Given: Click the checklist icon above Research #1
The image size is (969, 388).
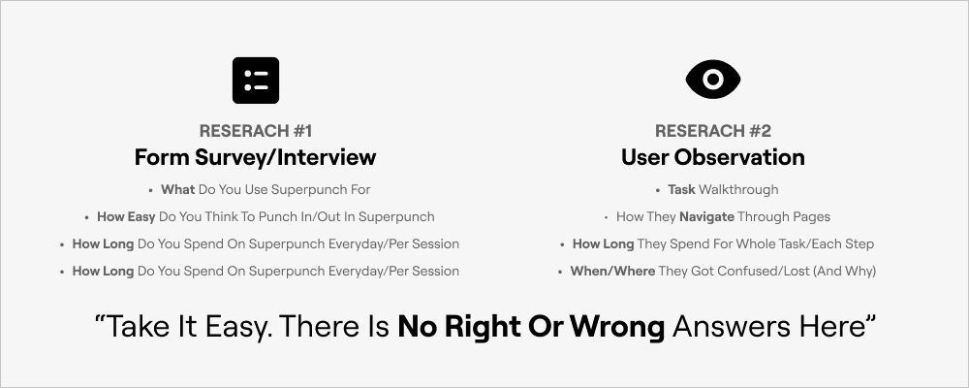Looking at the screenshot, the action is (x=256, y=81).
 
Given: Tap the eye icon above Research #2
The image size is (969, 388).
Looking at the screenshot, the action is (x=713, y=80).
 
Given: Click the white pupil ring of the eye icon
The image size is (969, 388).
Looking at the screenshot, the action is (x=713, y=80).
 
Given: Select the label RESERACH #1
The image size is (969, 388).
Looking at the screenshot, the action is (x=256, y=131).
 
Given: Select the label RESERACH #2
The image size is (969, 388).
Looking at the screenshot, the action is (x=713, y=131).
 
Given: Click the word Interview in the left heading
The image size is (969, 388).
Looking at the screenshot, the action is (x=327, y=157).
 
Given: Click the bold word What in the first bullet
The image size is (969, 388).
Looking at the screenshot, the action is (x=178, y=190).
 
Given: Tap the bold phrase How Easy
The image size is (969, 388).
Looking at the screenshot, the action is (x=126, y=217).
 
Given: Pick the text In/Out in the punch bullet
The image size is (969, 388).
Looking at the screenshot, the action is (x=332, y=217).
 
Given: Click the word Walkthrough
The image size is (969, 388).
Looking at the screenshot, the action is (x=738, y=190).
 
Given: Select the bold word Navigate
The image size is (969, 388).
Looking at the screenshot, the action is (x=707, y=217).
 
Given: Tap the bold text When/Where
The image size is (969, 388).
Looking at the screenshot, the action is (x=613, y=271).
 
